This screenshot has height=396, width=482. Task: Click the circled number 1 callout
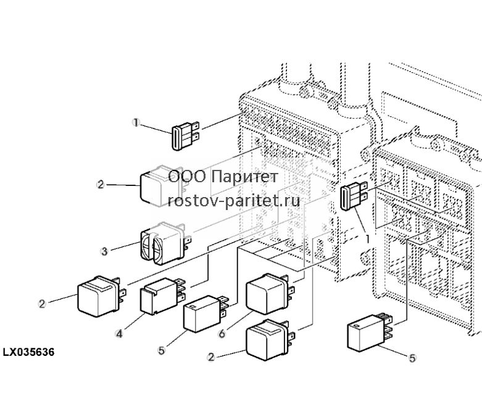click(x=136, y=123)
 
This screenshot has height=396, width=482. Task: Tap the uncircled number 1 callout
click(x=367, y=238)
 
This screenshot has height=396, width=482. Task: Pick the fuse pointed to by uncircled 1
click(x=354, y=196)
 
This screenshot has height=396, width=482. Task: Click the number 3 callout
click(x=104, y=251)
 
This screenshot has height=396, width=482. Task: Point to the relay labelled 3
click(x=166, y=243)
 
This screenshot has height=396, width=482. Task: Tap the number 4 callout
click(x=119, y=334)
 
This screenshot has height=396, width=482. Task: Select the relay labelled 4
click(x=163, y=297)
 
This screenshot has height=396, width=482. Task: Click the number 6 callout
click(x=222, y=334)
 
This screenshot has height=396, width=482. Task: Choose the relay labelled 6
click(x=270, y=294)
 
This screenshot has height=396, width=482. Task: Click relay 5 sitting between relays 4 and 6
click(x=206, y=314)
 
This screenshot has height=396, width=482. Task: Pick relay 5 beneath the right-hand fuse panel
click(x=370, y=332)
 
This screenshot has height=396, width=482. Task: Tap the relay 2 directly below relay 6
click(x=270, y=340)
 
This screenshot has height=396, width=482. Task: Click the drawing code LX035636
click(x=28, y=352)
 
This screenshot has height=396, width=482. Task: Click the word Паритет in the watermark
click(x=244, y=177)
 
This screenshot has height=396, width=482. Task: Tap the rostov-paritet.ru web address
click(x=234, y=201)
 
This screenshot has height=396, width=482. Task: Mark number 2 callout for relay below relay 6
click(x=211, y=357)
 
